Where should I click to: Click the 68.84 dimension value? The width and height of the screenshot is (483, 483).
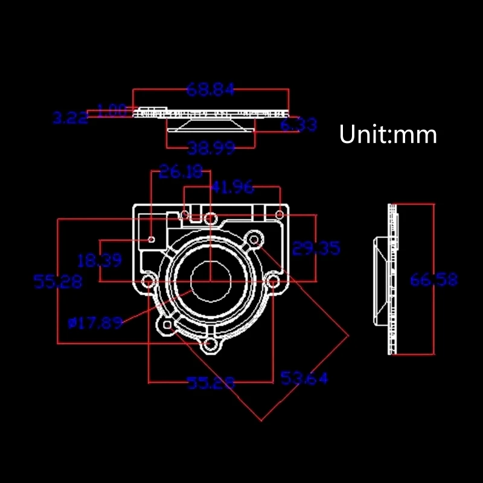[210, 90]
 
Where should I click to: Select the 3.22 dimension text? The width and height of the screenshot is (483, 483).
[70, 118]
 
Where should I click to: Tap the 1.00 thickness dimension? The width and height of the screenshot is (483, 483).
[112, 110]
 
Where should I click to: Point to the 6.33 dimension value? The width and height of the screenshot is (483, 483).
[298, 124]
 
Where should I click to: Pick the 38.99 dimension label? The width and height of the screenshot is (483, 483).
[211, 148]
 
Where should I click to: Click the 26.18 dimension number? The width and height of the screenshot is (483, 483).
[181, 173]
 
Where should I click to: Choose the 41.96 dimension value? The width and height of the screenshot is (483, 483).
[232, 187]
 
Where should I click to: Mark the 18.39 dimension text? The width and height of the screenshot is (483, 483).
[100, 260]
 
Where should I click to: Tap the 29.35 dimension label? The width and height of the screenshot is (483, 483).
[316, 248]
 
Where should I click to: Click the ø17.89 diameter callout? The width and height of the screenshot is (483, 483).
[95, 323]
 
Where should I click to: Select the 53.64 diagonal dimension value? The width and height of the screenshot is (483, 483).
[304, 379]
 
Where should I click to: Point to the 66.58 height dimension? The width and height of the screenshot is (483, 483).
[433, 280]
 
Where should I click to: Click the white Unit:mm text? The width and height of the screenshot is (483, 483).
[388, 134]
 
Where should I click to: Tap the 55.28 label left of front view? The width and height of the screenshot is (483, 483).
[58, 281]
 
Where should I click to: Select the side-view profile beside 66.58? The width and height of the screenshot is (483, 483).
[386, 280]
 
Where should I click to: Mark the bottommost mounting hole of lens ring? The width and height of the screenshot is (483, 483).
[210, 345]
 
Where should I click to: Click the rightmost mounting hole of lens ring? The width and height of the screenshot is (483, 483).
[273, 281]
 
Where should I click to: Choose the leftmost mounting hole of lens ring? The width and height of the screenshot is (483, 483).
[147, 282]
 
